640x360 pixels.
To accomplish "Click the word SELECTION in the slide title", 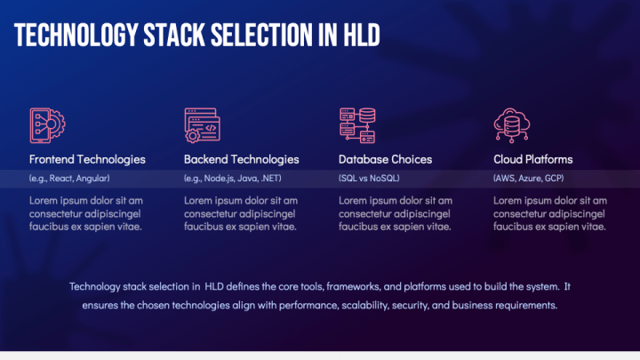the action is pyautogui.click(x=261, y=35).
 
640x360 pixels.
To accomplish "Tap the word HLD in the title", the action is pyautogui.click(x=362, y=35).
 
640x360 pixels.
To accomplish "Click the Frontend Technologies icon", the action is pyautogui.click(x=47, y=125).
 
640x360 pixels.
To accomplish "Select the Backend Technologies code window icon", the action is pyautogui.click(x=203, y=125).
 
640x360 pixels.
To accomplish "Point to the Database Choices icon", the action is pyautogui.click(x=357, y=125).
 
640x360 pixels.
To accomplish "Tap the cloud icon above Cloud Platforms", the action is pyautogui.click(x=512, y=125).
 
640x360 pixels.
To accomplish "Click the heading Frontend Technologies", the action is pyautogui.click(x=87, y=160).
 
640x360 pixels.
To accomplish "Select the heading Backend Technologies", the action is pyautogui.click(x=242, y=160).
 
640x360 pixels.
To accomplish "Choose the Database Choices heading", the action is pyautogui.click(x=385, y=160).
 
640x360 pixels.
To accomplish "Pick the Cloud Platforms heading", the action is pyautogui.click(x=533, y=160).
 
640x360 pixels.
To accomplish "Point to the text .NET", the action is pyautogui.click(x=271, y=179).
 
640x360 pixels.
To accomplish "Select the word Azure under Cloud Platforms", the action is pyautogui.click(x=530, y=179).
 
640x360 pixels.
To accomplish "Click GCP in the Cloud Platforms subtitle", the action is pyautogui.click(x=555, y=179).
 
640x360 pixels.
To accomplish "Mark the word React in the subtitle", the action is pyautogui.click(x=60, y=179).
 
